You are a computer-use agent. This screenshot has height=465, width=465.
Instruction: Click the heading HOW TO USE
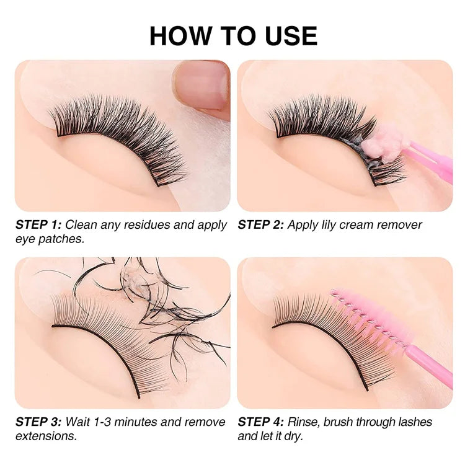click(233, 36)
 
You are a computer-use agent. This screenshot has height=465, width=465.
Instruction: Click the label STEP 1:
click(38, 224)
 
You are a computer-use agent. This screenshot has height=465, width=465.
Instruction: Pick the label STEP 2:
click(260, 224)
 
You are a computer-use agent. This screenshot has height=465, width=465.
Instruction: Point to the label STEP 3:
click(38, 422)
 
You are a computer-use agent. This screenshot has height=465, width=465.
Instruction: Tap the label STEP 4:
click(261, 422)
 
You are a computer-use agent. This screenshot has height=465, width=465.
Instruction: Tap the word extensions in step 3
click(46, 436)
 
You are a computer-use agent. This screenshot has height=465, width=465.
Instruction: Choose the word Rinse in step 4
click(304, 422)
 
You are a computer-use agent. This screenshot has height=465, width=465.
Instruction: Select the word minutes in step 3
click(136, 422)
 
